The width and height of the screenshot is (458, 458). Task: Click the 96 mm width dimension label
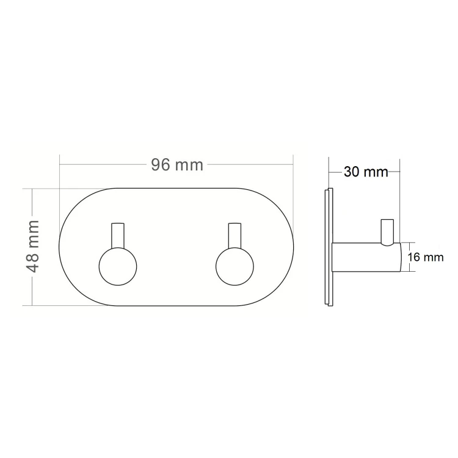177,165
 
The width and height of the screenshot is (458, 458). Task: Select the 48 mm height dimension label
32,247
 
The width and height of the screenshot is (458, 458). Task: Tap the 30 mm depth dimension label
366,172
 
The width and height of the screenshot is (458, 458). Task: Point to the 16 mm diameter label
426,257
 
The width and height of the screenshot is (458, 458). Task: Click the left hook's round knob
118,267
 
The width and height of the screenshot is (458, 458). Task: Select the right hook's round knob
234,267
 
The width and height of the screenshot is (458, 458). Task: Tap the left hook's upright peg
118,236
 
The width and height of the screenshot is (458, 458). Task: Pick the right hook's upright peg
234,236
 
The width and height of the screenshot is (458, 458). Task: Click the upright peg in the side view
387,231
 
